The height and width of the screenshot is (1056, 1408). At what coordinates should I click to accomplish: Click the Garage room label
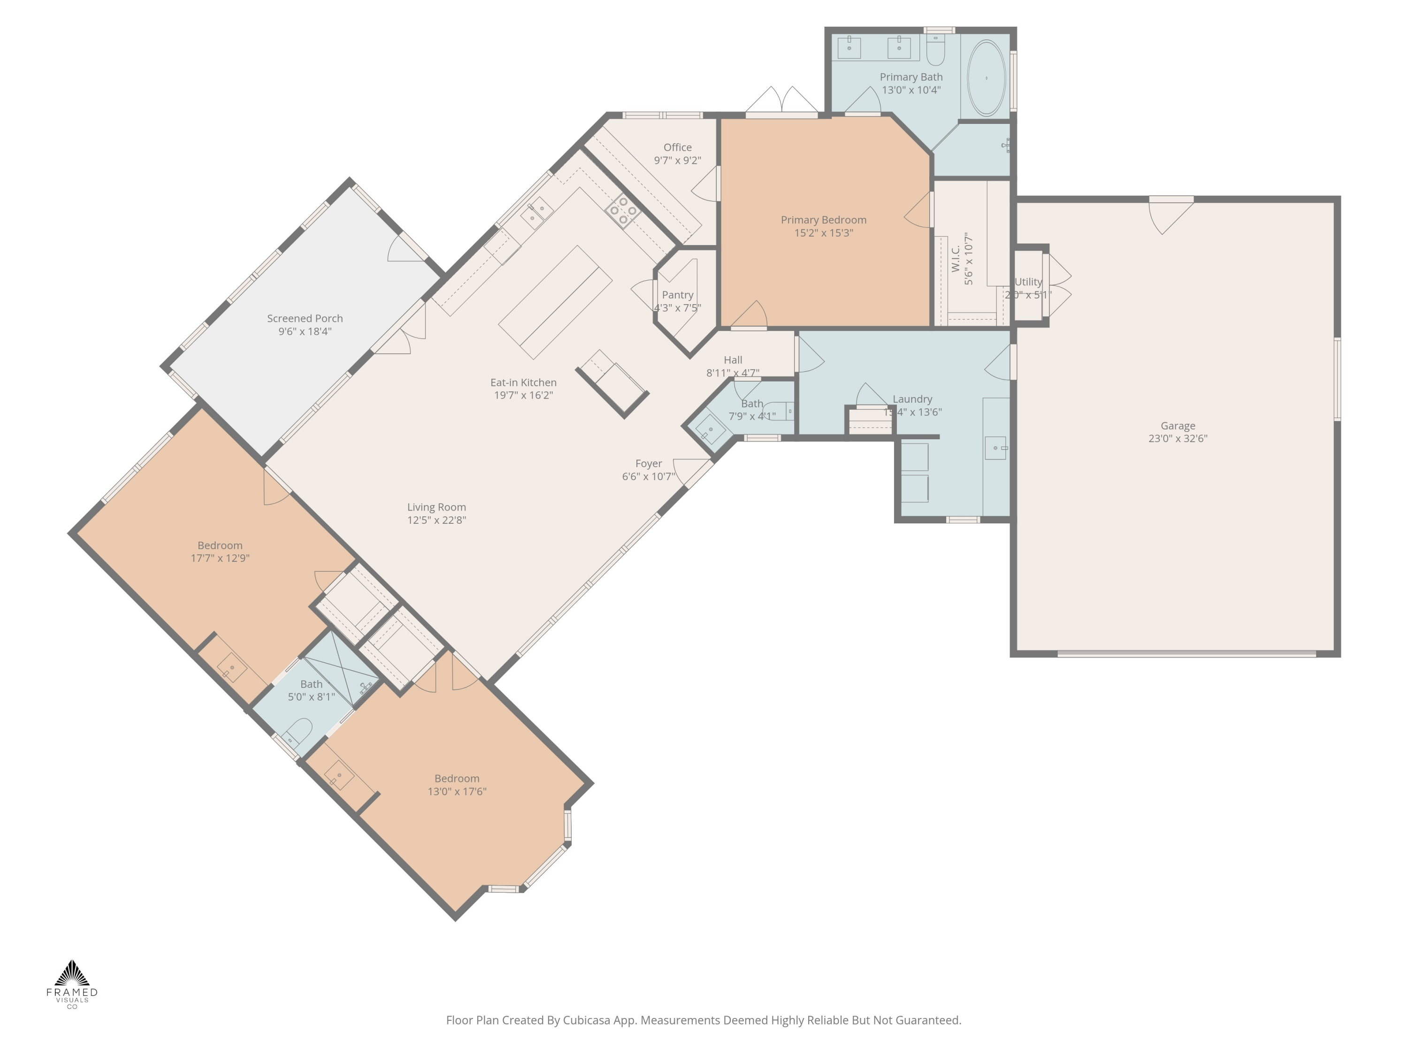1177,426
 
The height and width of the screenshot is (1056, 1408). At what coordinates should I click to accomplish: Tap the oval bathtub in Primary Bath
986,77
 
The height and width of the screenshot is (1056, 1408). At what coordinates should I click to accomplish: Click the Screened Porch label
305,318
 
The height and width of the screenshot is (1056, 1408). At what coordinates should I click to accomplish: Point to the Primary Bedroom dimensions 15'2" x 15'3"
823,233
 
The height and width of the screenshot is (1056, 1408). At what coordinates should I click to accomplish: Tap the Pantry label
677,295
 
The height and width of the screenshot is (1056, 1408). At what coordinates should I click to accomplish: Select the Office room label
677,147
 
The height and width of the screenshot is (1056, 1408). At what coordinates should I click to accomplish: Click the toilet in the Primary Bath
934,51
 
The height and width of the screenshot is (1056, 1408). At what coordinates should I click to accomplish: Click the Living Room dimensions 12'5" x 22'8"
436,520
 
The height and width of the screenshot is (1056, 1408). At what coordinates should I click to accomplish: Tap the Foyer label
648,463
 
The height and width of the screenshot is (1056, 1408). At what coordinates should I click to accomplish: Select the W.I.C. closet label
956,259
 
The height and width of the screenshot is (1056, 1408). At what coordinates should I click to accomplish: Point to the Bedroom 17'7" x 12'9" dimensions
220,558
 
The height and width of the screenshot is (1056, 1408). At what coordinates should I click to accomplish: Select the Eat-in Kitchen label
523,382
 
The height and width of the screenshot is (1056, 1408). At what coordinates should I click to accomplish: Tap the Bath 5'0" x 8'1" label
311,684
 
